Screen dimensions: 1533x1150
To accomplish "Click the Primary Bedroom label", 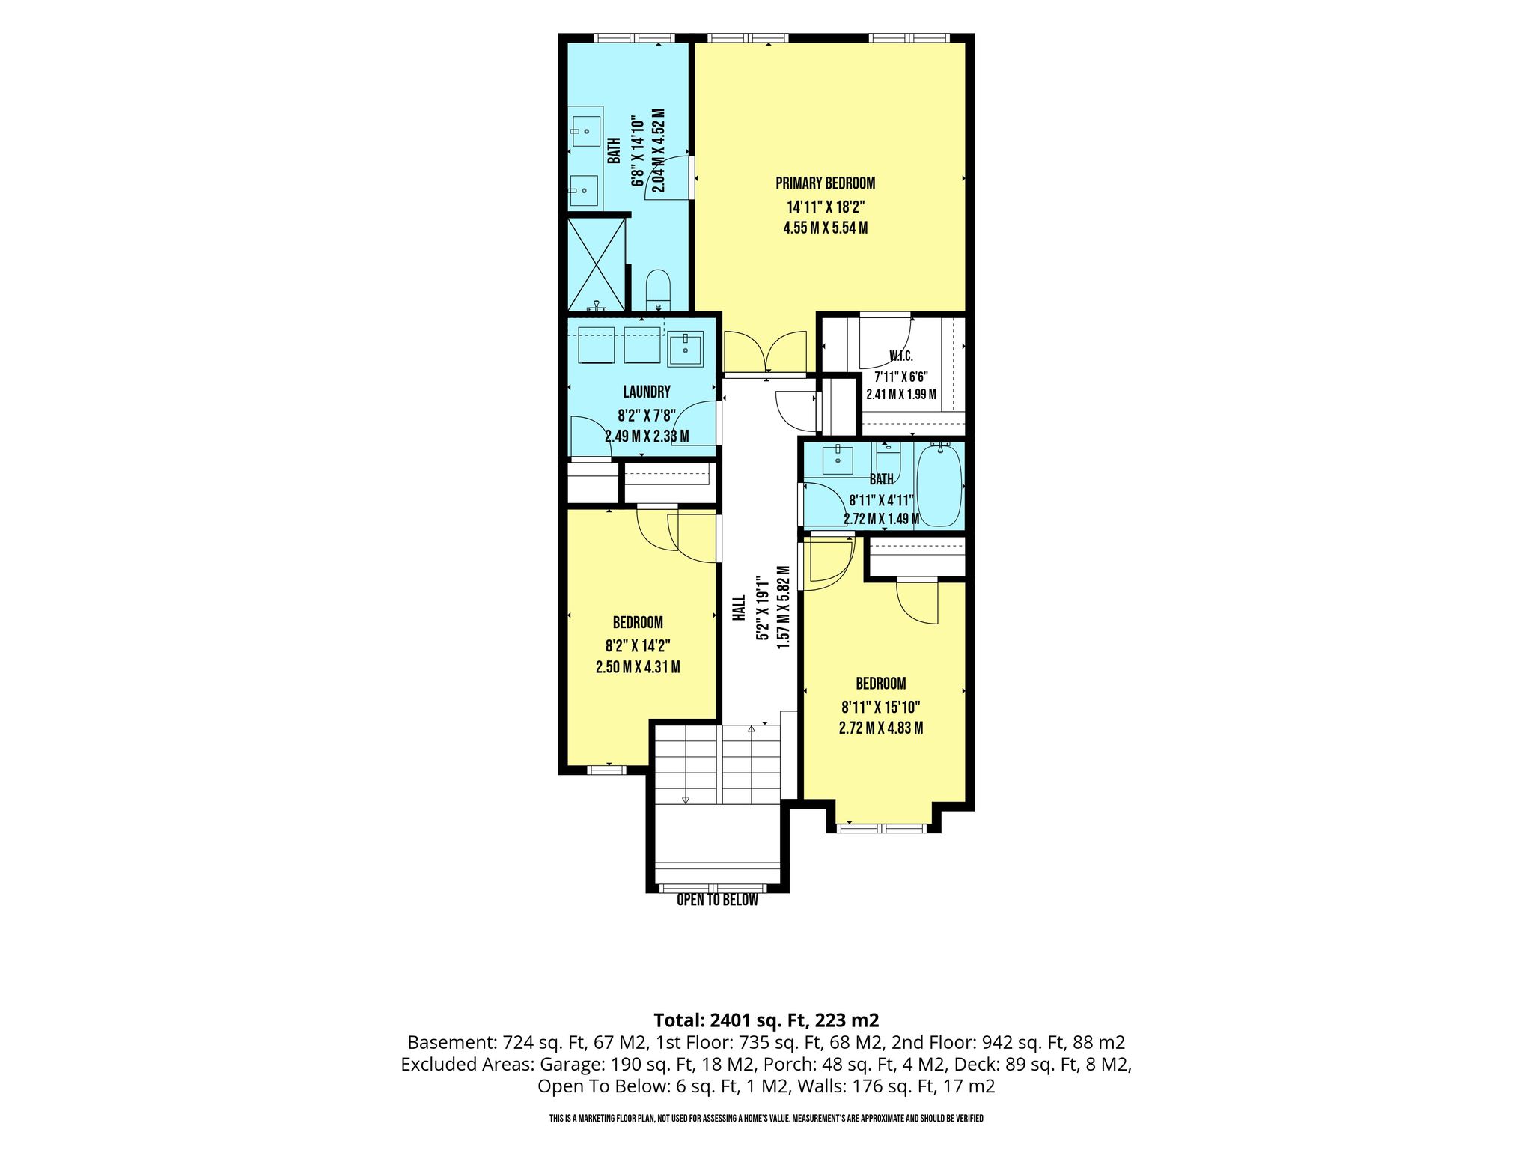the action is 825,183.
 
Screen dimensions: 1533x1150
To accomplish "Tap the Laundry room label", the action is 647,392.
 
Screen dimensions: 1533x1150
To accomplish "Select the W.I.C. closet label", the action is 901,356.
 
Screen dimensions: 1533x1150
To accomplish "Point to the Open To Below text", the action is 717,900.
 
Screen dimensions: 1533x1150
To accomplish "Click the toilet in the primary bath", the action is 659,290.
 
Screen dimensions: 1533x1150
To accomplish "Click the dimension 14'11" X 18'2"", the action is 825,207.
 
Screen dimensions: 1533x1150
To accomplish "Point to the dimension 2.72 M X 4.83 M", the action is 881,728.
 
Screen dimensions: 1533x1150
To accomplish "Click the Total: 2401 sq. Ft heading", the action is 766,1020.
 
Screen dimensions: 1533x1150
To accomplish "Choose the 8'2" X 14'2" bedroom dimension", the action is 638,645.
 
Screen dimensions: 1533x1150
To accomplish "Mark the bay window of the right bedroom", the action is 882,828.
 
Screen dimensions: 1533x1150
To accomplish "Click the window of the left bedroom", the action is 606,769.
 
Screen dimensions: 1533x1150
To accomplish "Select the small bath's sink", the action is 838,460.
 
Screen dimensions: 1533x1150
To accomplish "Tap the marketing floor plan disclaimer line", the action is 766,1119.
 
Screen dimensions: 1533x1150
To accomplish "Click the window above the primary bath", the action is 635,38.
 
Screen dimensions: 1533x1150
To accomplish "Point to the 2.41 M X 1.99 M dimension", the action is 901,395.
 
